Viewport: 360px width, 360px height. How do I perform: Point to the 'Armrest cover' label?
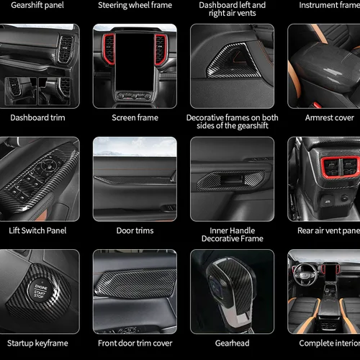329,117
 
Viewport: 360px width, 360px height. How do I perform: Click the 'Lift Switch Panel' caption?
37,230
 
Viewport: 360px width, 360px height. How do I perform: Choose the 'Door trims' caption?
135,230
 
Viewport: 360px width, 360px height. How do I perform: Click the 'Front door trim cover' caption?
135,343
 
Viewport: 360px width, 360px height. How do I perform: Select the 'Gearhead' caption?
232,343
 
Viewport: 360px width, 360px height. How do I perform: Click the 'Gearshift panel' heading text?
32,5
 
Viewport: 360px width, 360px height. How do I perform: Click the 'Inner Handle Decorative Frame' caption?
232,234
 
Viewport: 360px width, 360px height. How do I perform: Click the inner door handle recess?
232,179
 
